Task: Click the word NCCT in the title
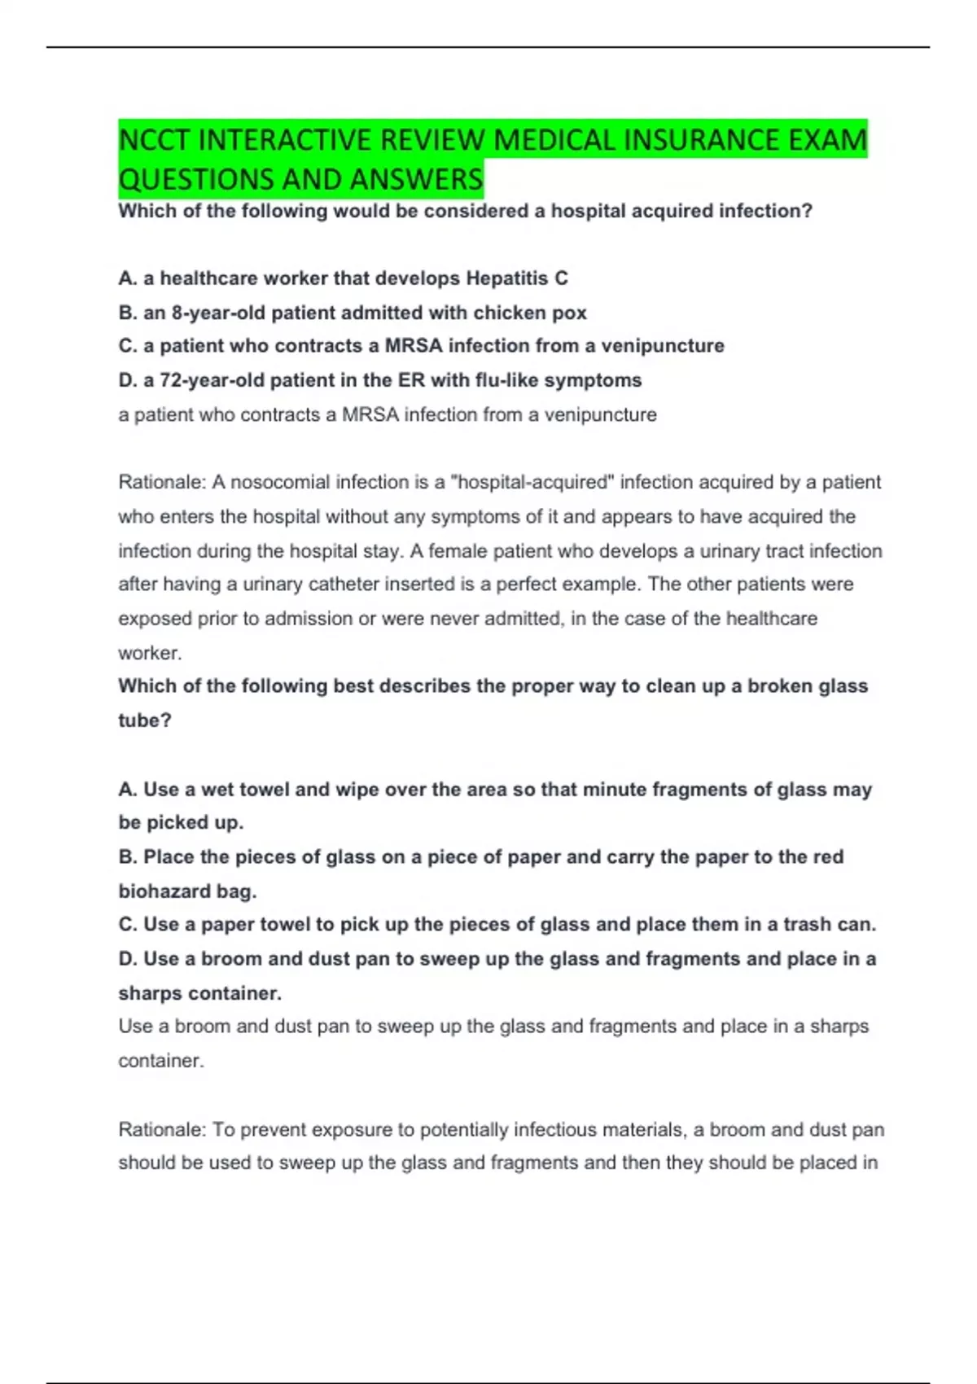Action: click(x=155, y=140)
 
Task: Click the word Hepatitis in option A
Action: click(x=506, y=278)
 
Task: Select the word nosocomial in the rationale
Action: click(x=281, y=482)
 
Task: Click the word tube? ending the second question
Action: click(x=145, y=720)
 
